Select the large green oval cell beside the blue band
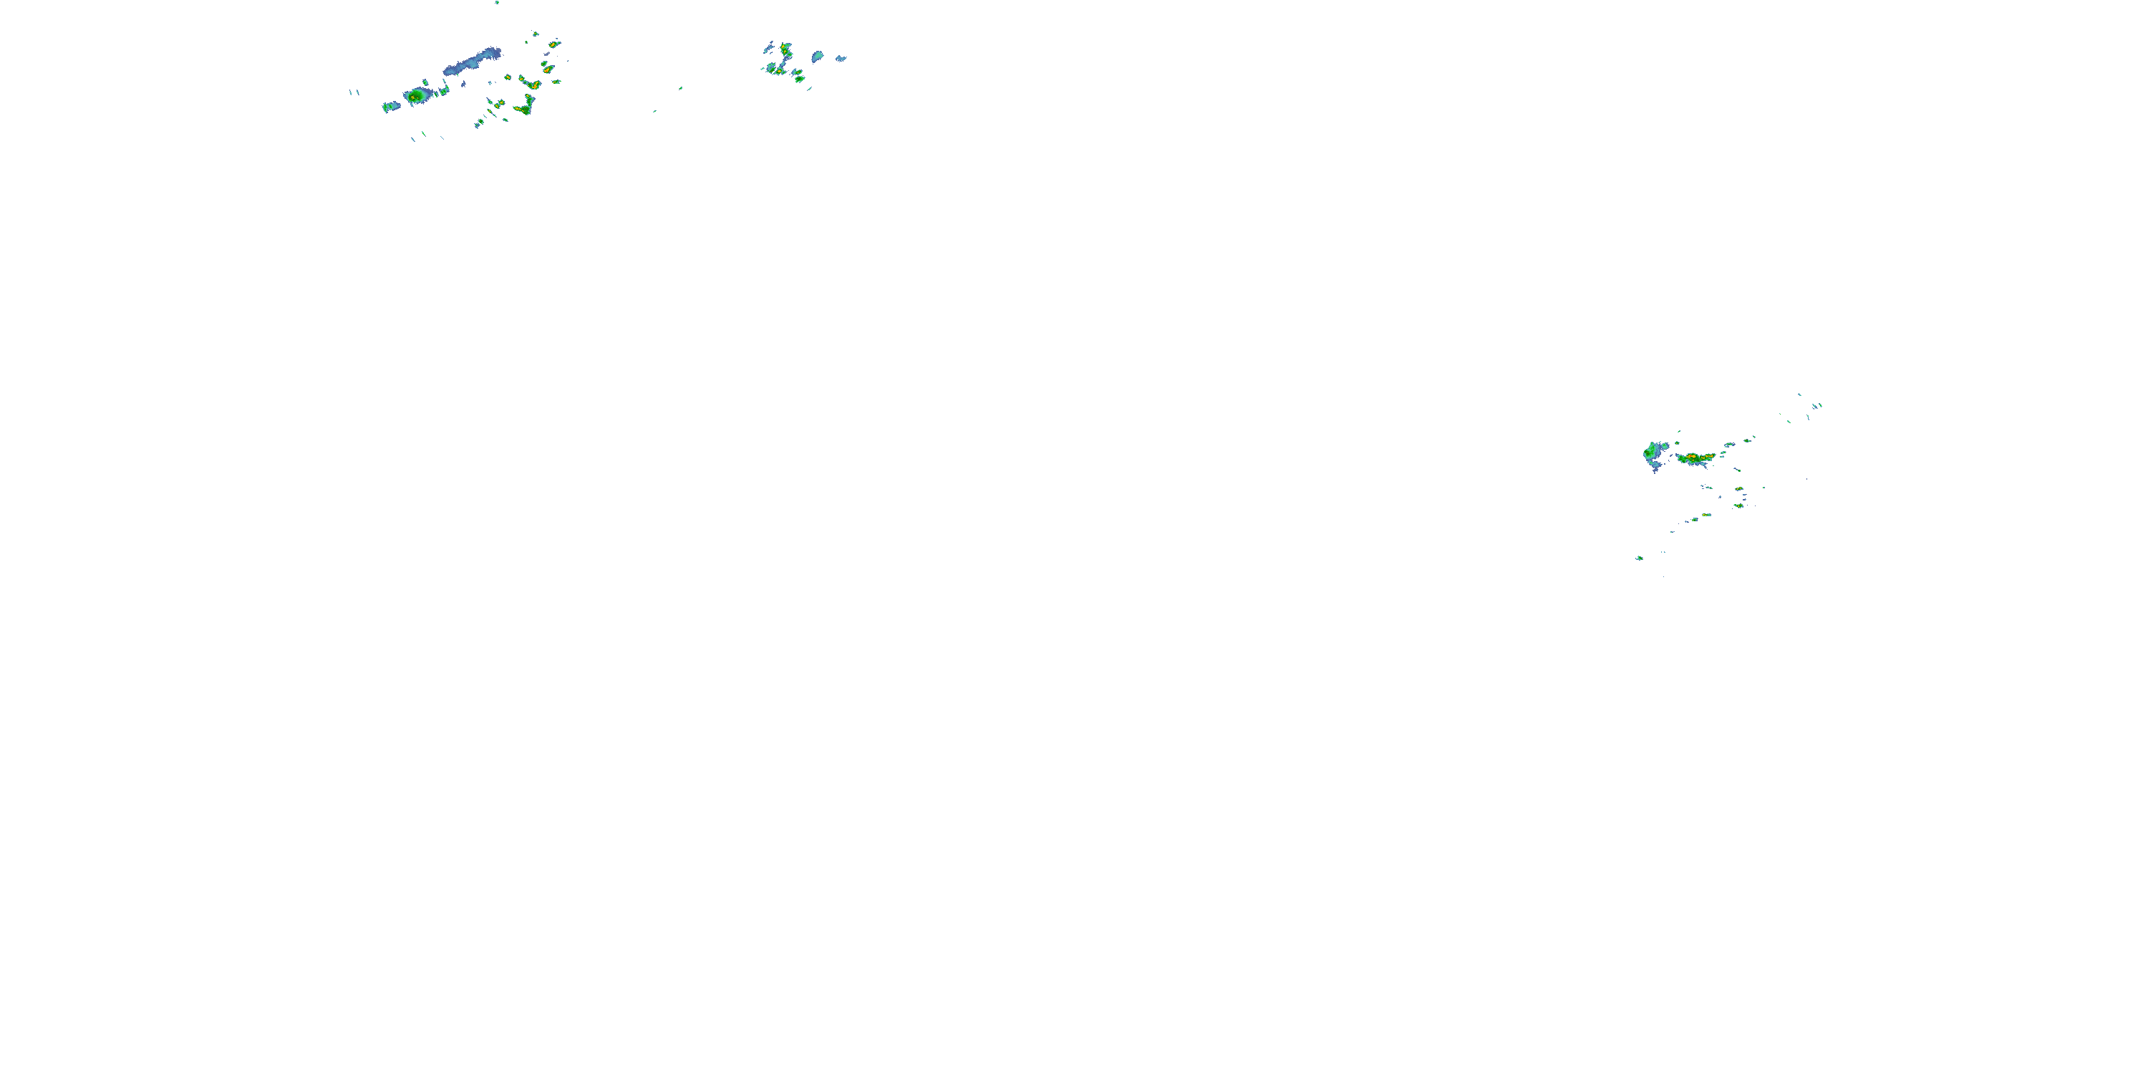click(x=417, y=96)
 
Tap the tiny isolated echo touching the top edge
click(x=497, y=2)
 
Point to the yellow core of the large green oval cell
click(x=414, y=97)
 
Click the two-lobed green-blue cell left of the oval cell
click(x=390, y=106)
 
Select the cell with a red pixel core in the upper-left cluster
click(x=530, y=83)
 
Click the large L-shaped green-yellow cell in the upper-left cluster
click(x=526, y=106)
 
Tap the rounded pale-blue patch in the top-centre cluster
click(x=818, y=56)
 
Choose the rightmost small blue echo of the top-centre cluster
click(x=841, y=59)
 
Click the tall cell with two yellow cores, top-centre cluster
click(x=785, y=52)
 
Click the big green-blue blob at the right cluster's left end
click(x=1652, y=452)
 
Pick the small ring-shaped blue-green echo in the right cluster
click(x=1729, y=445)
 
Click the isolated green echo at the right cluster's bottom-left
click(x=1640, y=558)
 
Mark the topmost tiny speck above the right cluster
click(x=1799, y=395)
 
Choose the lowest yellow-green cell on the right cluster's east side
click(x=1738, y=505)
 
